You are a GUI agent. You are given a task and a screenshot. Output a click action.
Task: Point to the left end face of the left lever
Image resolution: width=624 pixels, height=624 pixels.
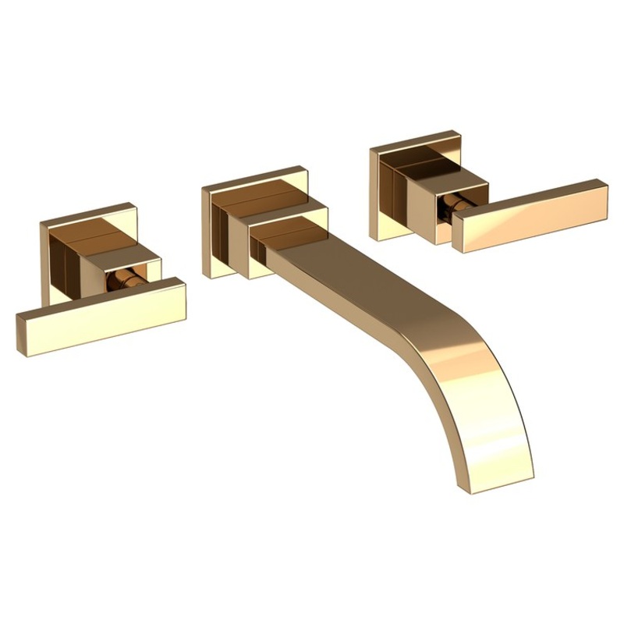(21, 336)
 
